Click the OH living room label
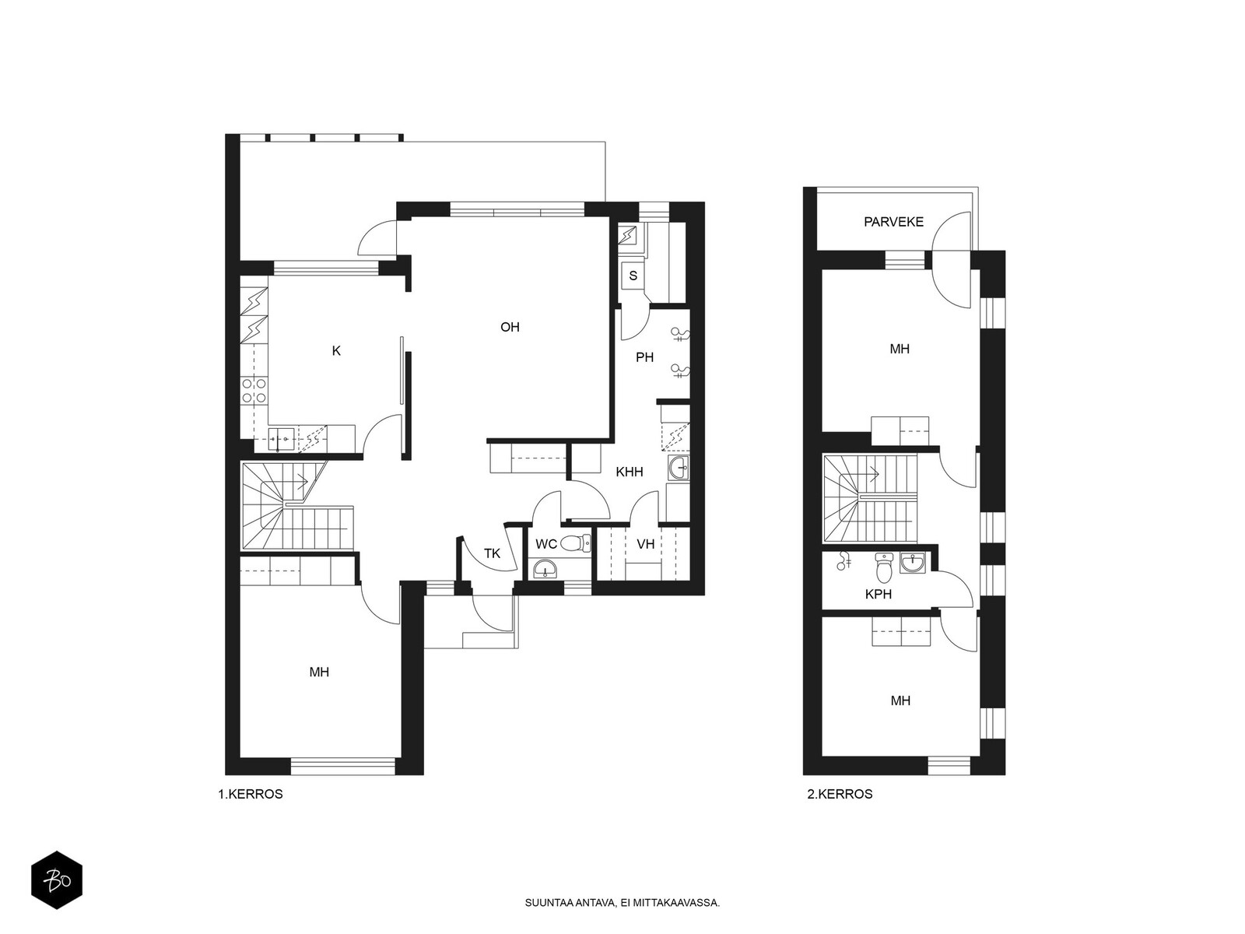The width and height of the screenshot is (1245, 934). [510, 327]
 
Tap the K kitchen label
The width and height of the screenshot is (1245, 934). [336, 351]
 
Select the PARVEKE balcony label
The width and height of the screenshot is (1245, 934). [893, 222]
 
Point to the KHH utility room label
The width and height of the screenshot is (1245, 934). [629, 471]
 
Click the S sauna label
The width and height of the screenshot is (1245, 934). [633, 276]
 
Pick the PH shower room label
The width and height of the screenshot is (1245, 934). [644, 356]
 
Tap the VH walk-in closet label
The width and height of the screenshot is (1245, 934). [646, 544]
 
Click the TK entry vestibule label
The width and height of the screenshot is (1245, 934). [492, 553]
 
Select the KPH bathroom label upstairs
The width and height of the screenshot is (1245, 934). [878, 594]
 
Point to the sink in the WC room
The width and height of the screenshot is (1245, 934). [545, 569]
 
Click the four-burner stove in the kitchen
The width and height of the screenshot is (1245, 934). [254, 391]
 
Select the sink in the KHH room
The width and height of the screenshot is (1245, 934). [679, 468]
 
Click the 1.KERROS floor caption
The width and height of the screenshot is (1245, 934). [250, 794]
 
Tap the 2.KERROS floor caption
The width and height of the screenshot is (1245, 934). [840, 794]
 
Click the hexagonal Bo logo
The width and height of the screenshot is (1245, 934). [57, 880]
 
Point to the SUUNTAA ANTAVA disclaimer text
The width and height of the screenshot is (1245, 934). [622, 902]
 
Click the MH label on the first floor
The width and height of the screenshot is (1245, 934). [319, 672]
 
